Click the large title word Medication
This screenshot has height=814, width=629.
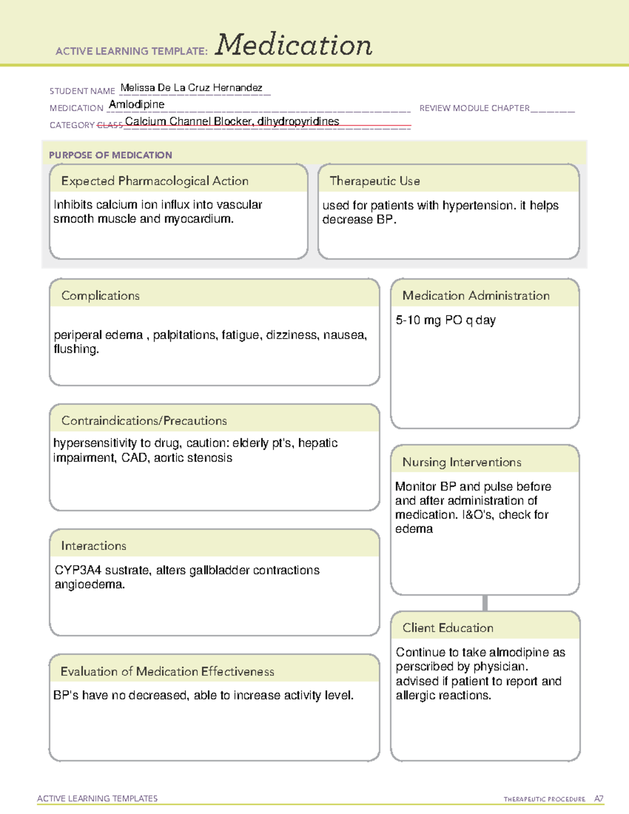click(293, 45)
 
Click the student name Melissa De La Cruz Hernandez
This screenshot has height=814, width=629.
click(191, 88)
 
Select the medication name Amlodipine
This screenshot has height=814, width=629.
click(136, 104)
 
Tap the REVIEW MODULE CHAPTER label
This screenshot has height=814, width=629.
click(474, 108)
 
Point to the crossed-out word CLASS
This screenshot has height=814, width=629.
click(110, 125)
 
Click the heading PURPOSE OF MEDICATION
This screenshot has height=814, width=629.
click(110, 155)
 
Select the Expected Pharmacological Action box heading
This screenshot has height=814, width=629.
click(155, 181)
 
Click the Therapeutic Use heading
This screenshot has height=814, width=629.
click(374, 181)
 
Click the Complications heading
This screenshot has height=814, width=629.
click(100, 296)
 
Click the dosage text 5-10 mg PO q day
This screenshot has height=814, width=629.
click(445, 320)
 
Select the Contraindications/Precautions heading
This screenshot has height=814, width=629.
click(144, 420)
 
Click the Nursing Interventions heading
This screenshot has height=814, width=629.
click(461, 462)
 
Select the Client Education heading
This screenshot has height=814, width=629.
click(447, 628)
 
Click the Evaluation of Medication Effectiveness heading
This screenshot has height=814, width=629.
click(167, 671)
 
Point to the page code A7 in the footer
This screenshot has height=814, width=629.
click(598, 799)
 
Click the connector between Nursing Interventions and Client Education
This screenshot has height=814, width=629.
click(485, 603)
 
